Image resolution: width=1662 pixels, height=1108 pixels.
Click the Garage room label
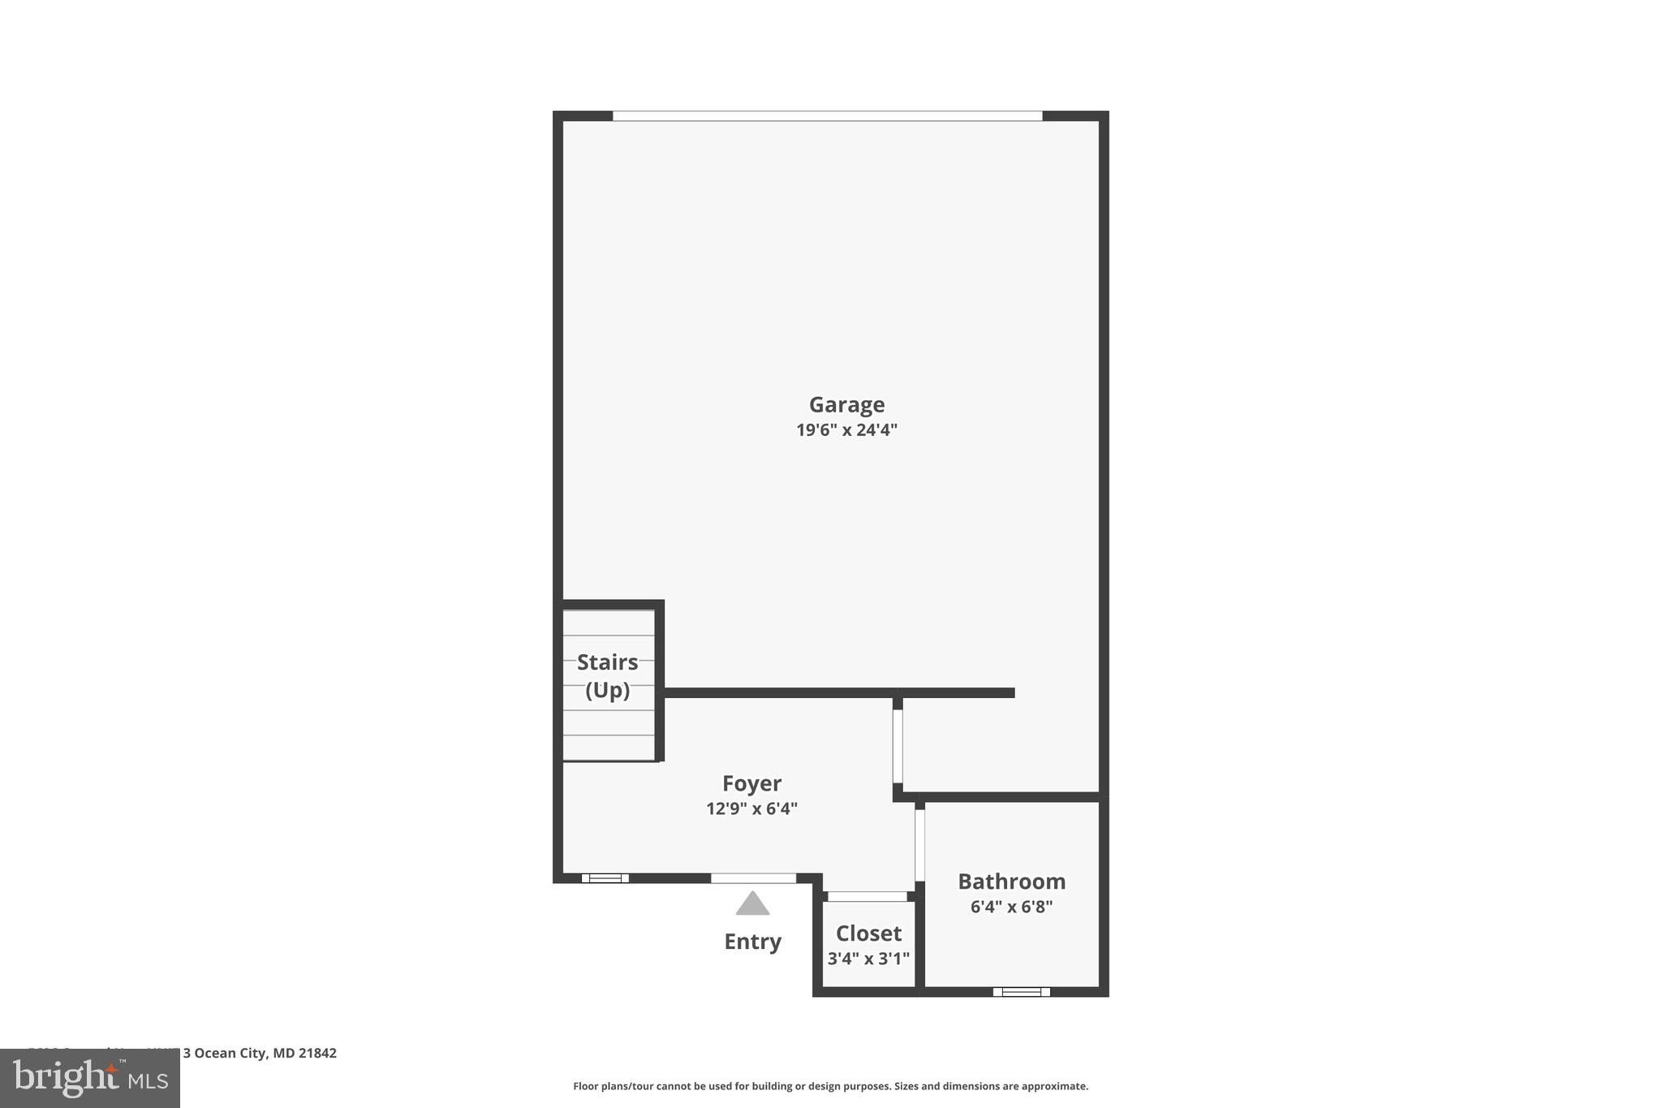(x=846, y=404)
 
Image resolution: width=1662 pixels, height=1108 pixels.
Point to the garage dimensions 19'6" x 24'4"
(x=846, y=430)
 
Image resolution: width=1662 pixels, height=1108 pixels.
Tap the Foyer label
(x=751, y=783)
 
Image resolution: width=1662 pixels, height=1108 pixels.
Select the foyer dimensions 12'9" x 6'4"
(x=751, y=808)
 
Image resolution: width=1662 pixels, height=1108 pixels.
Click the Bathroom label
(x=1011, y=882)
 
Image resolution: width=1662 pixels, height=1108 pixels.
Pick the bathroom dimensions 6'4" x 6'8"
(x=1011, y=907)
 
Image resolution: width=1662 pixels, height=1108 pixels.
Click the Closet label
(x=868, y=933)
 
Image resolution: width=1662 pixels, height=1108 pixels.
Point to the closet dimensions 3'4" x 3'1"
(x=868, y=959)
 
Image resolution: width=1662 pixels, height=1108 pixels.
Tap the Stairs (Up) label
(x=608, y=675)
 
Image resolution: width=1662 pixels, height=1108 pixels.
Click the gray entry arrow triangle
(x=752, y=903)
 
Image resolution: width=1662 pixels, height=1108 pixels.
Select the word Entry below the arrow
(x=752, y=942)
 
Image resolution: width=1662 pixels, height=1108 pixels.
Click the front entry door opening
(x=753, y=878)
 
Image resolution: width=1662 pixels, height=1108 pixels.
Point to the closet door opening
(x=867, y=896)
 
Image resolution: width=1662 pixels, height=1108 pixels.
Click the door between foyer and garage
(x=898, y=746)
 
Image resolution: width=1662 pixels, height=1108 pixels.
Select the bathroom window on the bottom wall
(x=1021, y=991)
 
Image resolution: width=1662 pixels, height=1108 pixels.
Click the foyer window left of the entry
(x=605, y=878)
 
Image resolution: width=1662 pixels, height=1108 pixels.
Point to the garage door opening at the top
(x=827, y=116)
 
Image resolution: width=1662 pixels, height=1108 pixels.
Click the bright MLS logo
(x=90, y=1079)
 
